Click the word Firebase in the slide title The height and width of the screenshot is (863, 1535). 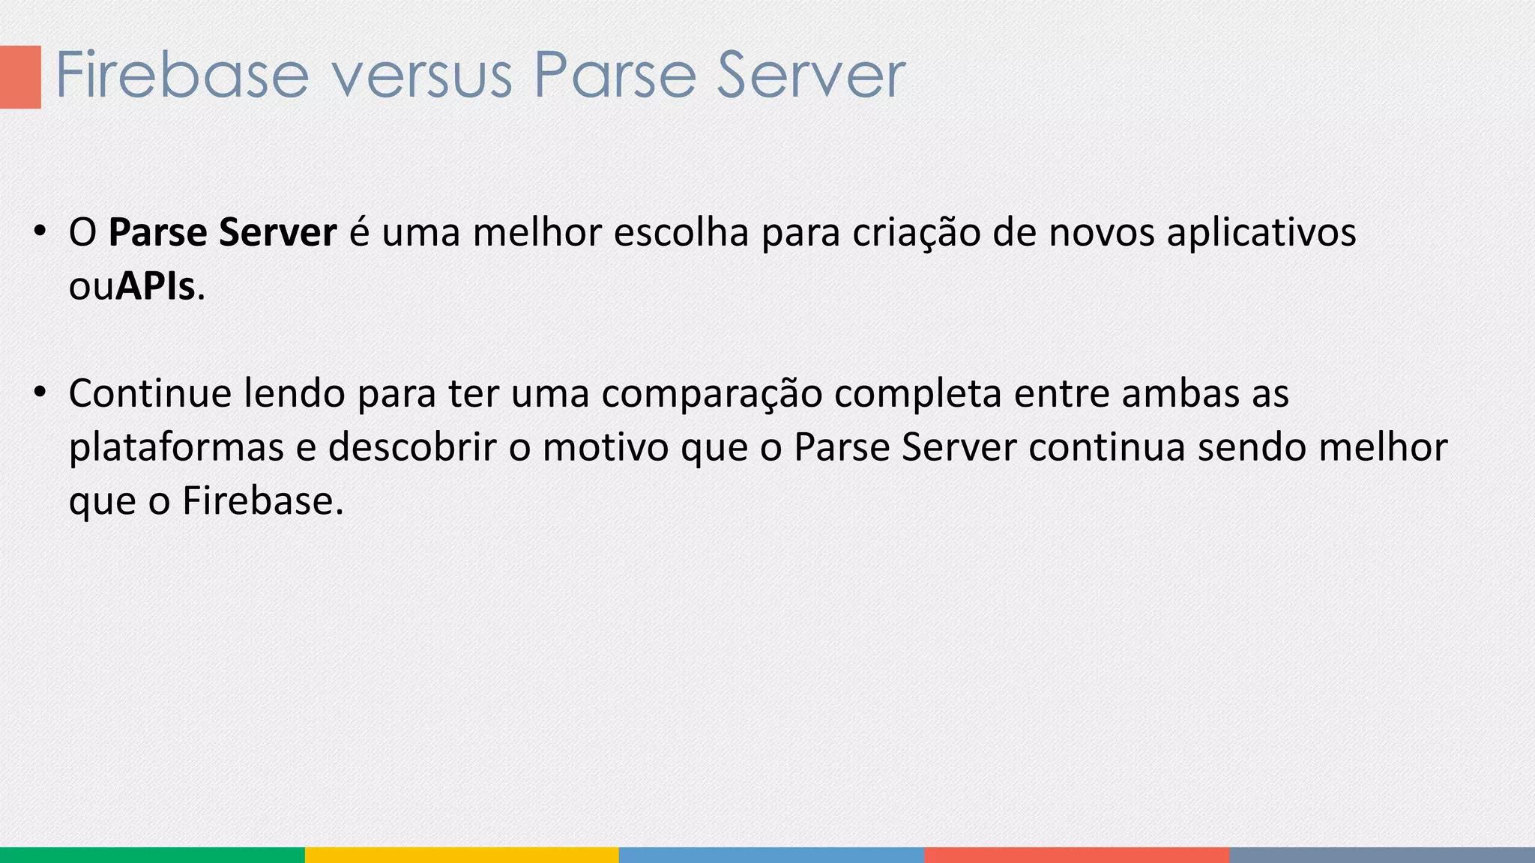click(181, 75)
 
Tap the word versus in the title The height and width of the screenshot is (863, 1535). click(420, 75)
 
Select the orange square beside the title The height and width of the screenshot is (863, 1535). click(20, 76)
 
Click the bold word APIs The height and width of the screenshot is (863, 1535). click(155, 286)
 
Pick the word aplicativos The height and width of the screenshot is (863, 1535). click(1261, 232)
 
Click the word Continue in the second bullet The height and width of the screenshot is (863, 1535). click(150, 393)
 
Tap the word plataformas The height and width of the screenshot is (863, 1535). click(176, 447)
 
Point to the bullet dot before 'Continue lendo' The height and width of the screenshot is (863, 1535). click(40, 391)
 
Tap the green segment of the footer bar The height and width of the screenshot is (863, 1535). click(152, 855)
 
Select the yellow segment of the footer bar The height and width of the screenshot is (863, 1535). click(462, 855)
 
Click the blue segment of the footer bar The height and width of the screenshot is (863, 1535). click(771, 855)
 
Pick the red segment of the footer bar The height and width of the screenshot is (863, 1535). click(1076, 855)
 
